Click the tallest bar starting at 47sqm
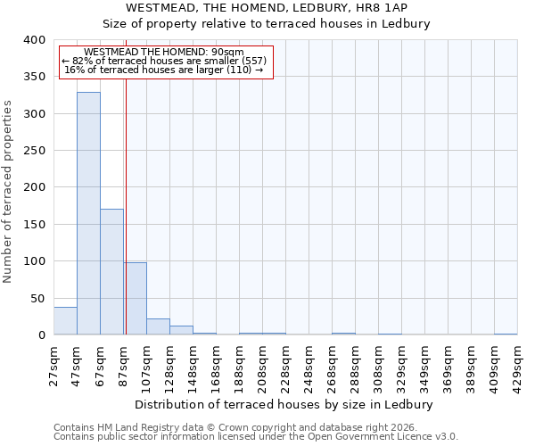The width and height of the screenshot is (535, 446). [88, 214]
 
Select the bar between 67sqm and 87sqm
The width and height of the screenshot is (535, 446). [111, 272]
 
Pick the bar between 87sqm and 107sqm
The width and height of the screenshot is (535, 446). [135, 299]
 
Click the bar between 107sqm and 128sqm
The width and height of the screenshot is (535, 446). [158, 327]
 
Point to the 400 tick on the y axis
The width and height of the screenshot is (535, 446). [34, 40]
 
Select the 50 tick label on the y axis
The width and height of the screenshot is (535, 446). [37, 298]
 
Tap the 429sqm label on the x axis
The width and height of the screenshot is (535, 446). [518, 366]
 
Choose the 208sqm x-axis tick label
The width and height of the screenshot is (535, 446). [263, 366]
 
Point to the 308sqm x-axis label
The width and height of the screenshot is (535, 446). [379, 366]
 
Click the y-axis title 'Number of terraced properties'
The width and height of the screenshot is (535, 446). [8, 191]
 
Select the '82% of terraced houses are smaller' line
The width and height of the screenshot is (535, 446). [164, 61]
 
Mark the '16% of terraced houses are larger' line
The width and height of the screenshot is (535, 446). [164, 70]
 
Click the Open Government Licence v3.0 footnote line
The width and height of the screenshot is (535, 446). [256, 436]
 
